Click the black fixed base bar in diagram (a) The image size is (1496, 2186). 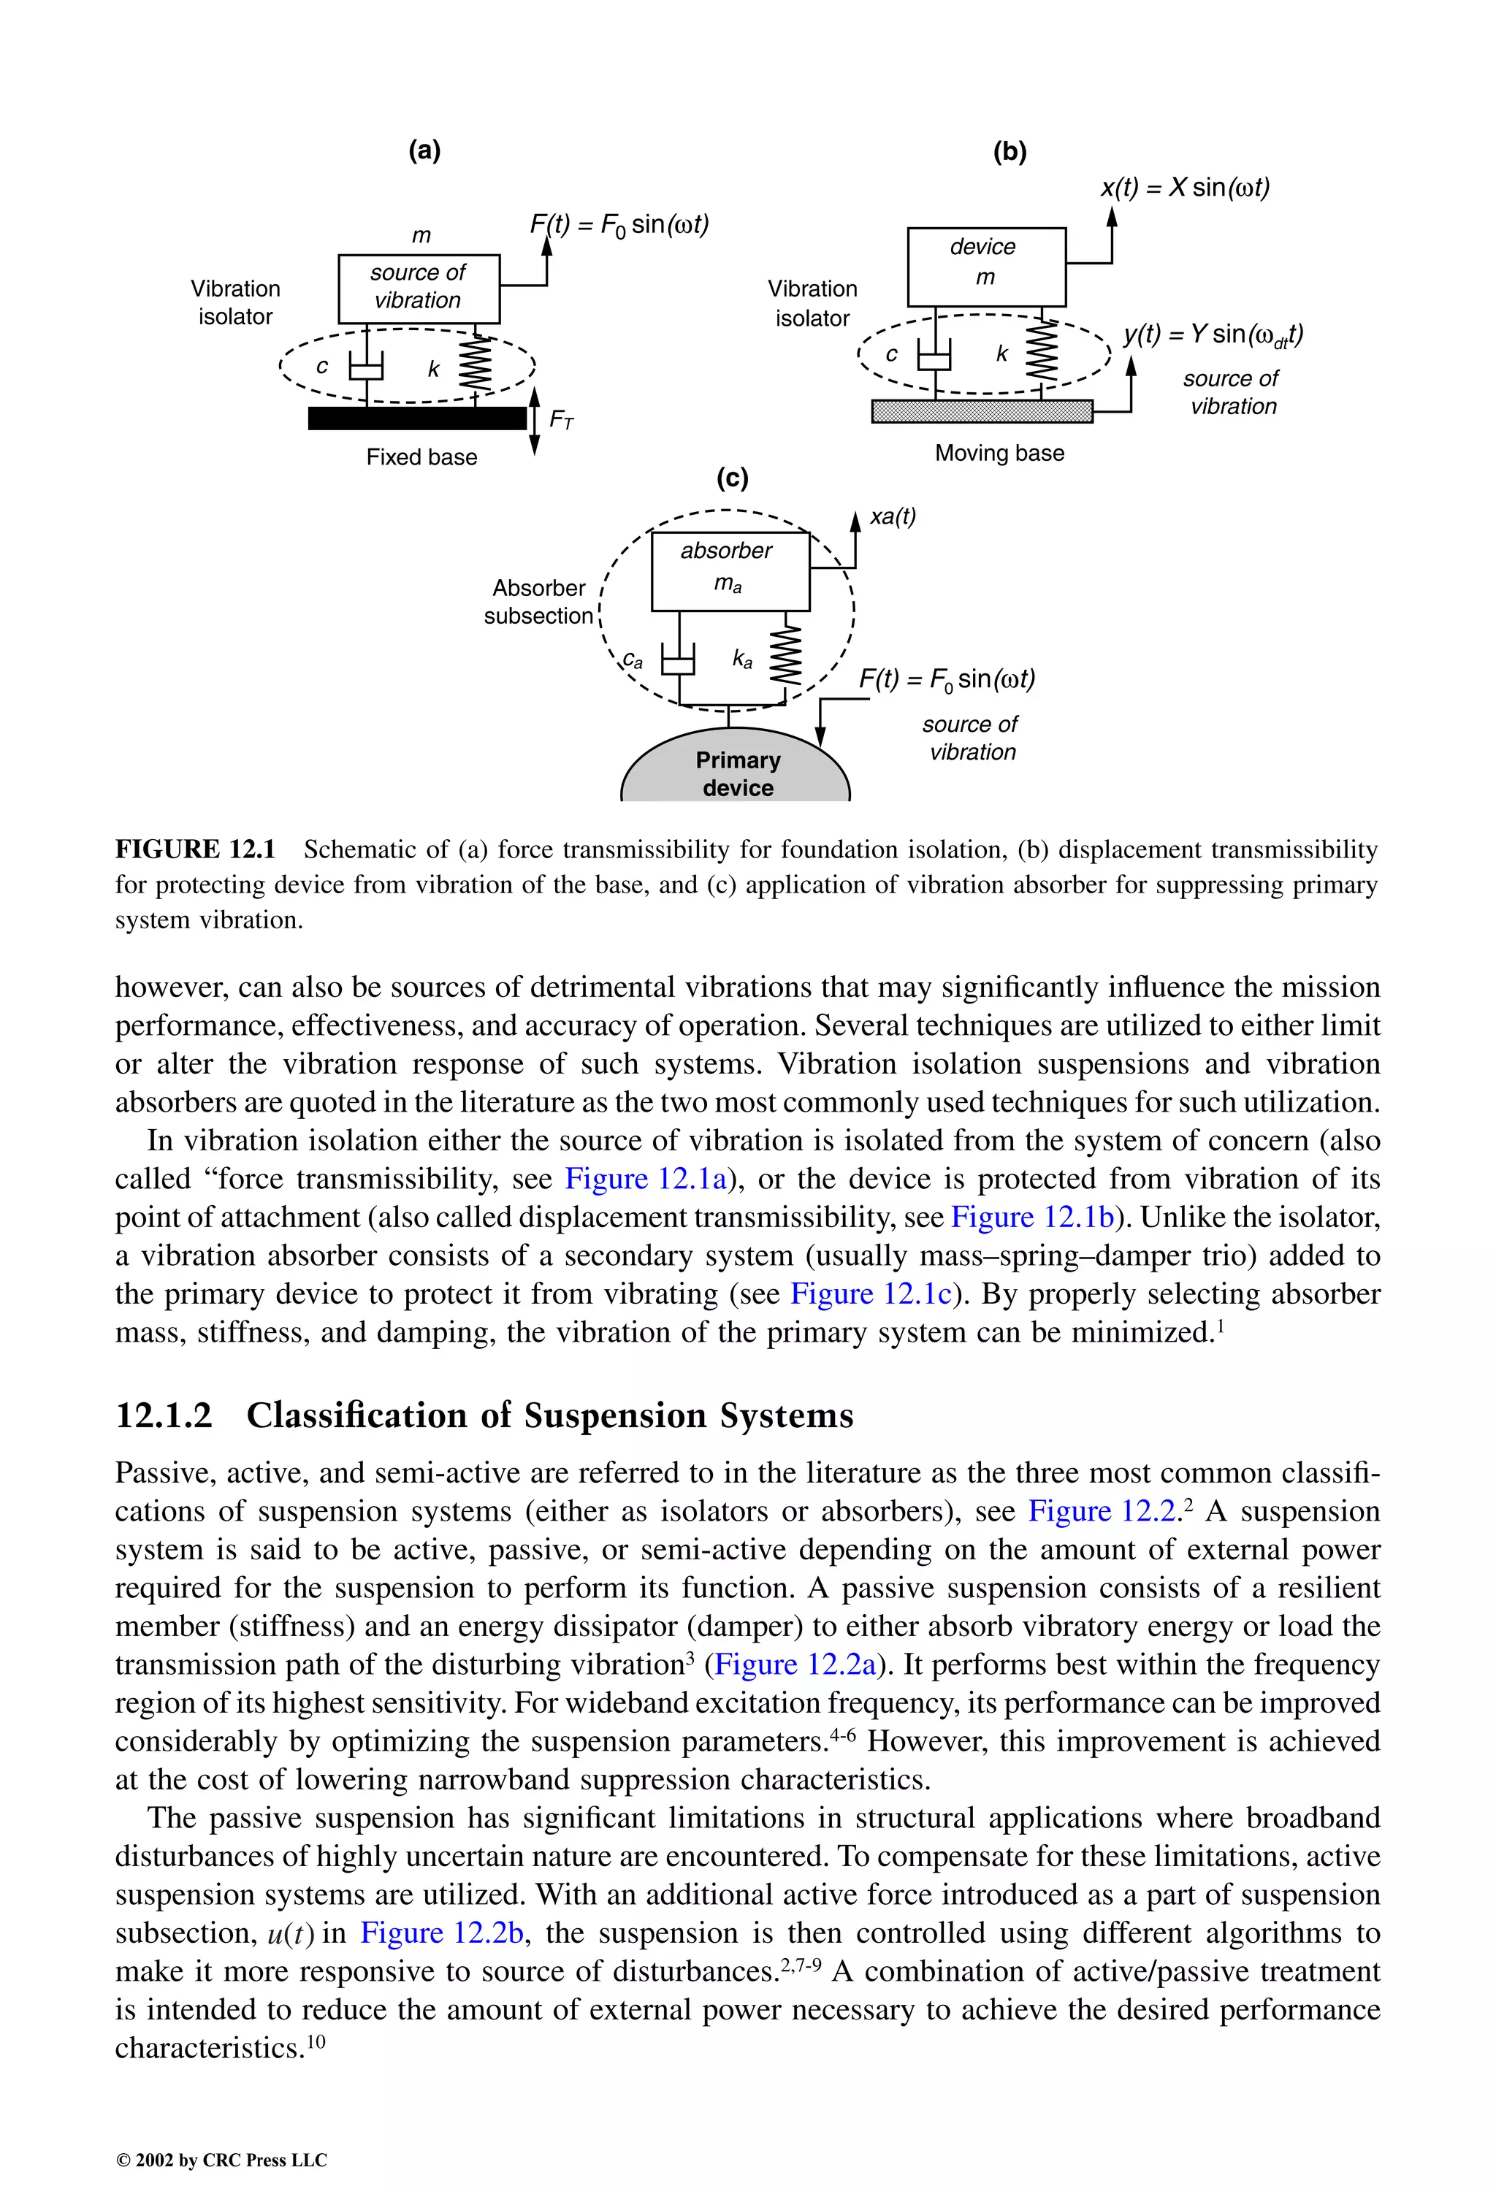pos(417,418)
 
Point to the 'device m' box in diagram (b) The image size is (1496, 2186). pos(986,266)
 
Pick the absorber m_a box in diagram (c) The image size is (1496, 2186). pos(730,571)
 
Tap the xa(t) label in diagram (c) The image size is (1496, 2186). pos(892,516)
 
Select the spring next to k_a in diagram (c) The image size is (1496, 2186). pos(787,656)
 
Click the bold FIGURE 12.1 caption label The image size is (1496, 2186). pos(195,849)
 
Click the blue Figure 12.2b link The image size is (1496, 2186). pos(441,1933)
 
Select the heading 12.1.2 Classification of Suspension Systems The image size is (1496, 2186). pos(484,1415)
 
